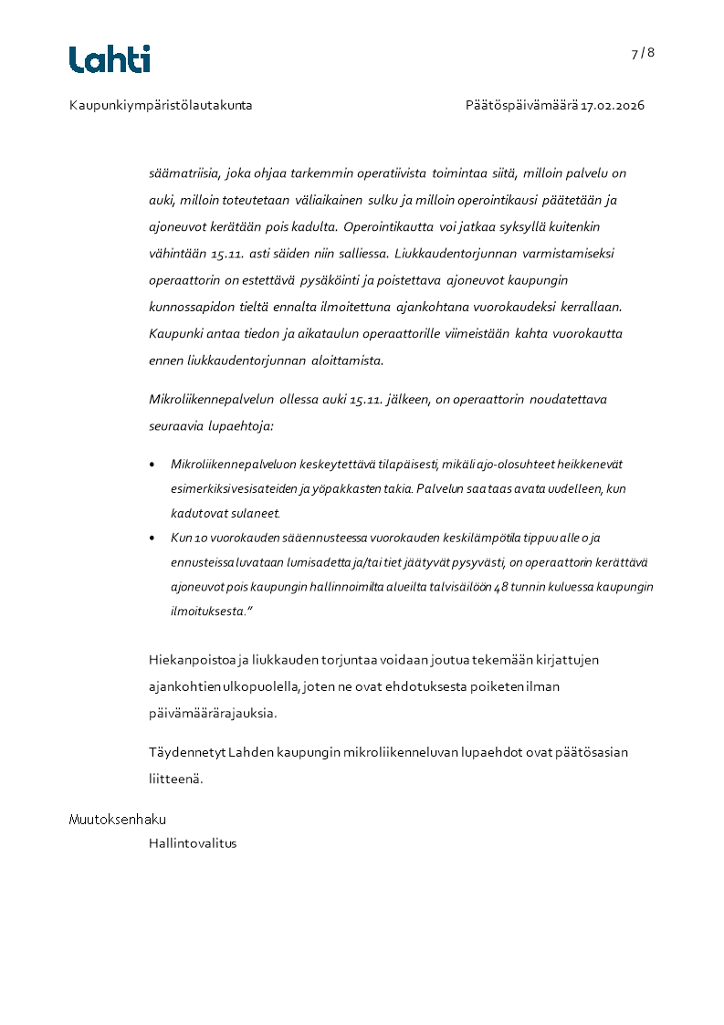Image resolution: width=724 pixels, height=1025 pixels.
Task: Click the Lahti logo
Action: pyautogui.click(x=110, y=59)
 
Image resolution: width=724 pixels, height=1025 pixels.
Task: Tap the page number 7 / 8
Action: pyautogui.click(x=643, y=53)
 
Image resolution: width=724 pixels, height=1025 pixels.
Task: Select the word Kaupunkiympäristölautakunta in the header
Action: pyautogui.click(x=161, y=106)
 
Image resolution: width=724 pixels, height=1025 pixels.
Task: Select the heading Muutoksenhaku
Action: pyautogui.click(x=118, y=820)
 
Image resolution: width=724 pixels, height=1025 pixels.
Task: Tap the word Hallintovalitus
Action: pyautogui.click(x=193, y=843)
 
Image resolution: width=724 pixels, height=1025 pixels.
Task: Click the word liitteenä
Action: pyautogui.click(x=175, y=779)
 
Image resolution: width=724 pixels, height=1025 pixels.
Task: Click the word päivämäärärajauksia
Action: pyautogui.click(x=212, y=713)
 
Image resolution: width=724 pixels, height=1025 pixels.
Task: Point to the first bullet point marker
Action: pyautogui.click(x=152, y=465)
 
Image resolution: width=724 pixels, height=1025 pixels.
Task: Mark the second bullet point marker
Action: pyautogui.click(x=152, y=539)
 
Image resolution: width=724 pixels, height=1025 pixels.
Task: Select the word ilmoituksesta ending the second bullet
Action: pyautogui.click(x=207, y=612)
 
